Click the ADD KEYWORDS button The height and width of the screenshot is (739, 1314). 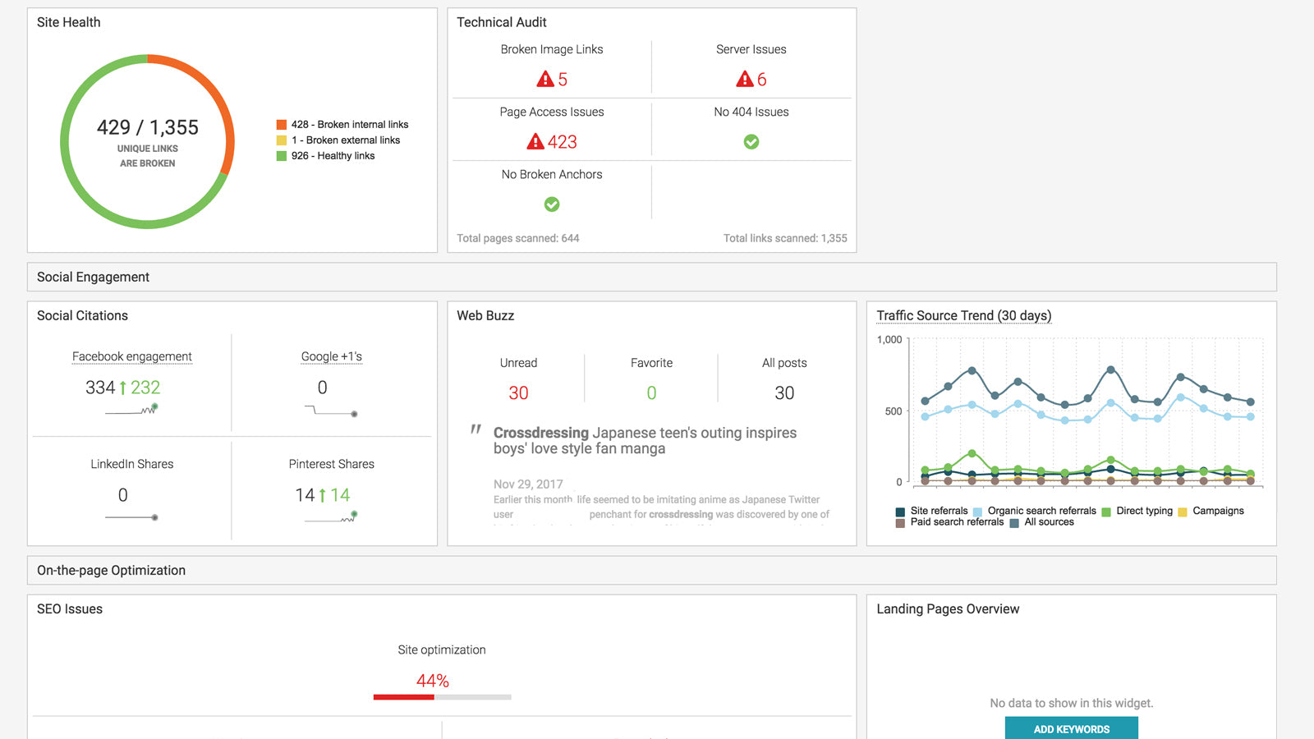click(1071, 728)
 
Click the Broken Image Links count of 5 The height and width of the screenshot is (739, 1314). click(562, 80)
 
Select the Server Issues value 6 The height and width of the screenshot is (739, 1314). click(760, 80)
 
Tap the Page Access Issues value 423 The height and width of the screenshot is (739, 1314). click(562, 142)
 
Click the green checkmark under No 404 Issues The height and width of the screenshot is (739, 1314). click(751, 142)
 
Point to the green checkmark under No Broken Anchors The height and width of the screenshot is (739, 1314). click(552, 204)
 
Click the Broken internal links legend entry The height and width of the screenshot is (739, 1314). click(349, 125)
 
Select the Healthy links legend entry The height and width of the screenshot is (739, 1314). click(333, 156)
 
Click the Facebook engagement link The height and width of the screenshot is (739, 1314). click(131, 356)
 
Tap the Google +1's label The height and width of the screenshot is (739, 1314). click(331, 356)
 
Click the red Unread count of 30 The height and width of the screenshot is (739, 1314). click(518, 393)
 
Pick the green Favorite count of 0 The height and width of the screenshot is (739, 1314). click(651, 393)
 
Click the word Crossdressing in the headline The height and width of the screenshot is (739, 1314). click(540, 433)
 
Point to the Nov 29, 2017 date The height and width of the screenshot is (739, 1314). click(528, 484)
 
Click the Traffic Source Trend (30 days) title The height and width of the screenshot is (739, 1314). click(963, 316)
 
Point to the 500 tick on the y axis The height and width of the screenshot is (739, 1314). click(894, 411)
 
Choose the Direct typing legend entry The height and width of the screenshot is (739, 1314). click(1143, 511)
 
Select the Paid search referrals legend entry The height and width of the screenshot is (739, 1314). click(956, 522)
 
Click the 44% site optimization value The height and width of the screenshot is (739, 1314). click(432, 681)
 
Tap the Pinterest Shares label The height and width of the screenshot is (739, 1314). click(331, 464)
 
